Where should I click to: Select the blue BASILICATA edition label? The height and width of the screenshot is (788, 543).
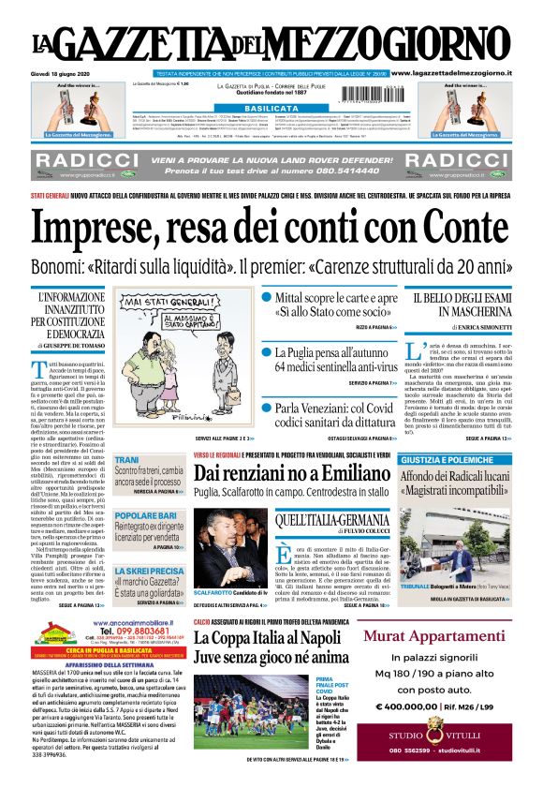(x=271, y=109)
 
